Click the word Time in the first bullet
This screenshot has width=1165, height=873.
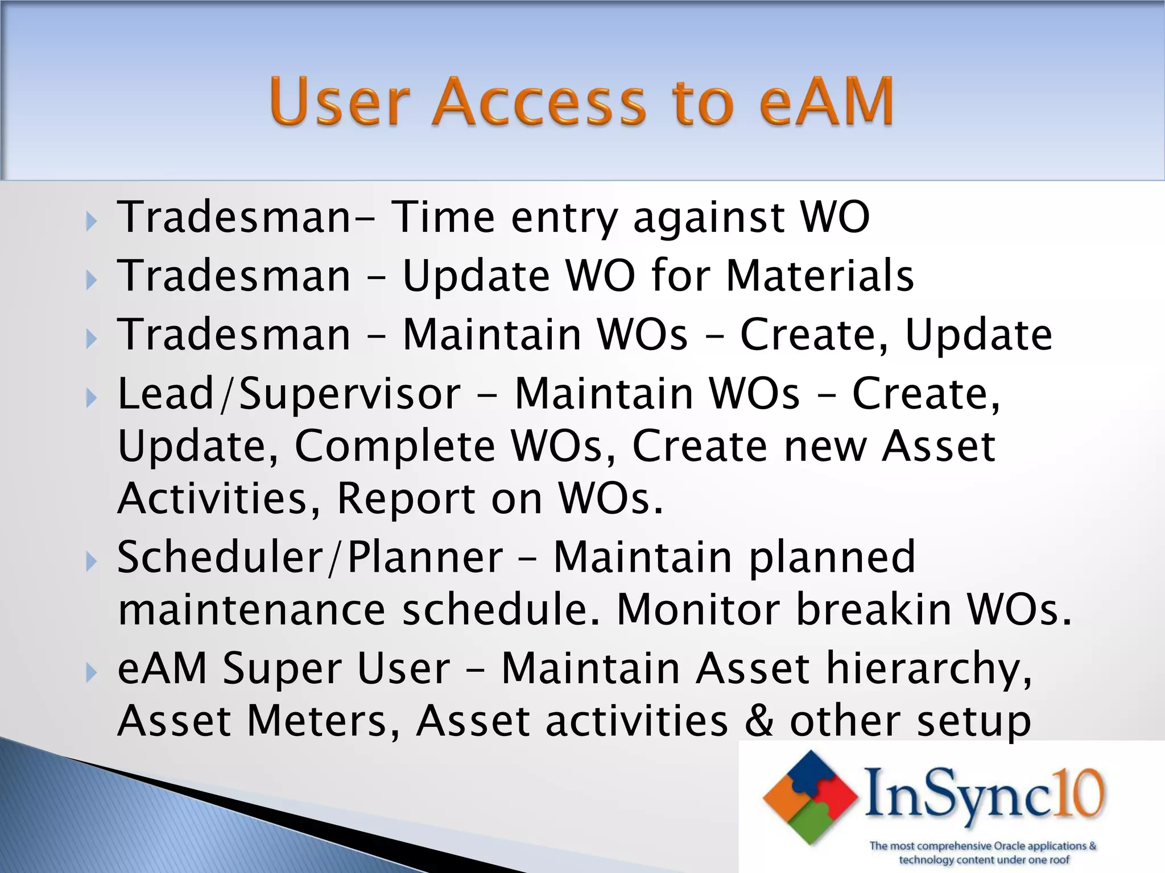pos(444,218)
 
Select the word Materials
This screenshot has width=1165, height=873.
pos(820,276)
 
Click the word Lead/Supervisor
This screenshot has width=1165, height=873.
pos(289,394)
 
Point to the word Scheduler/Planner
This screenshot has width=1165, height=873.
pos(310,557)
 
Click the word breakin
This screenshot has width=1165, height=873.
pos(873,610)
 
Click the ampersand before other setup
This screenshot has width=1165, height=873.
pos(759,721)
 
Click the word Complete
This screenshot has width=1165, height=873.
pos(395,447)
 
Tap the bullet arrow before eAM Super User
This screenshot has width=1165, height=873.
pos(92,674)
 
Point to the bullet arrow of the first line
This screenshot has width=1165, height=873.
pos(92,222)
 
